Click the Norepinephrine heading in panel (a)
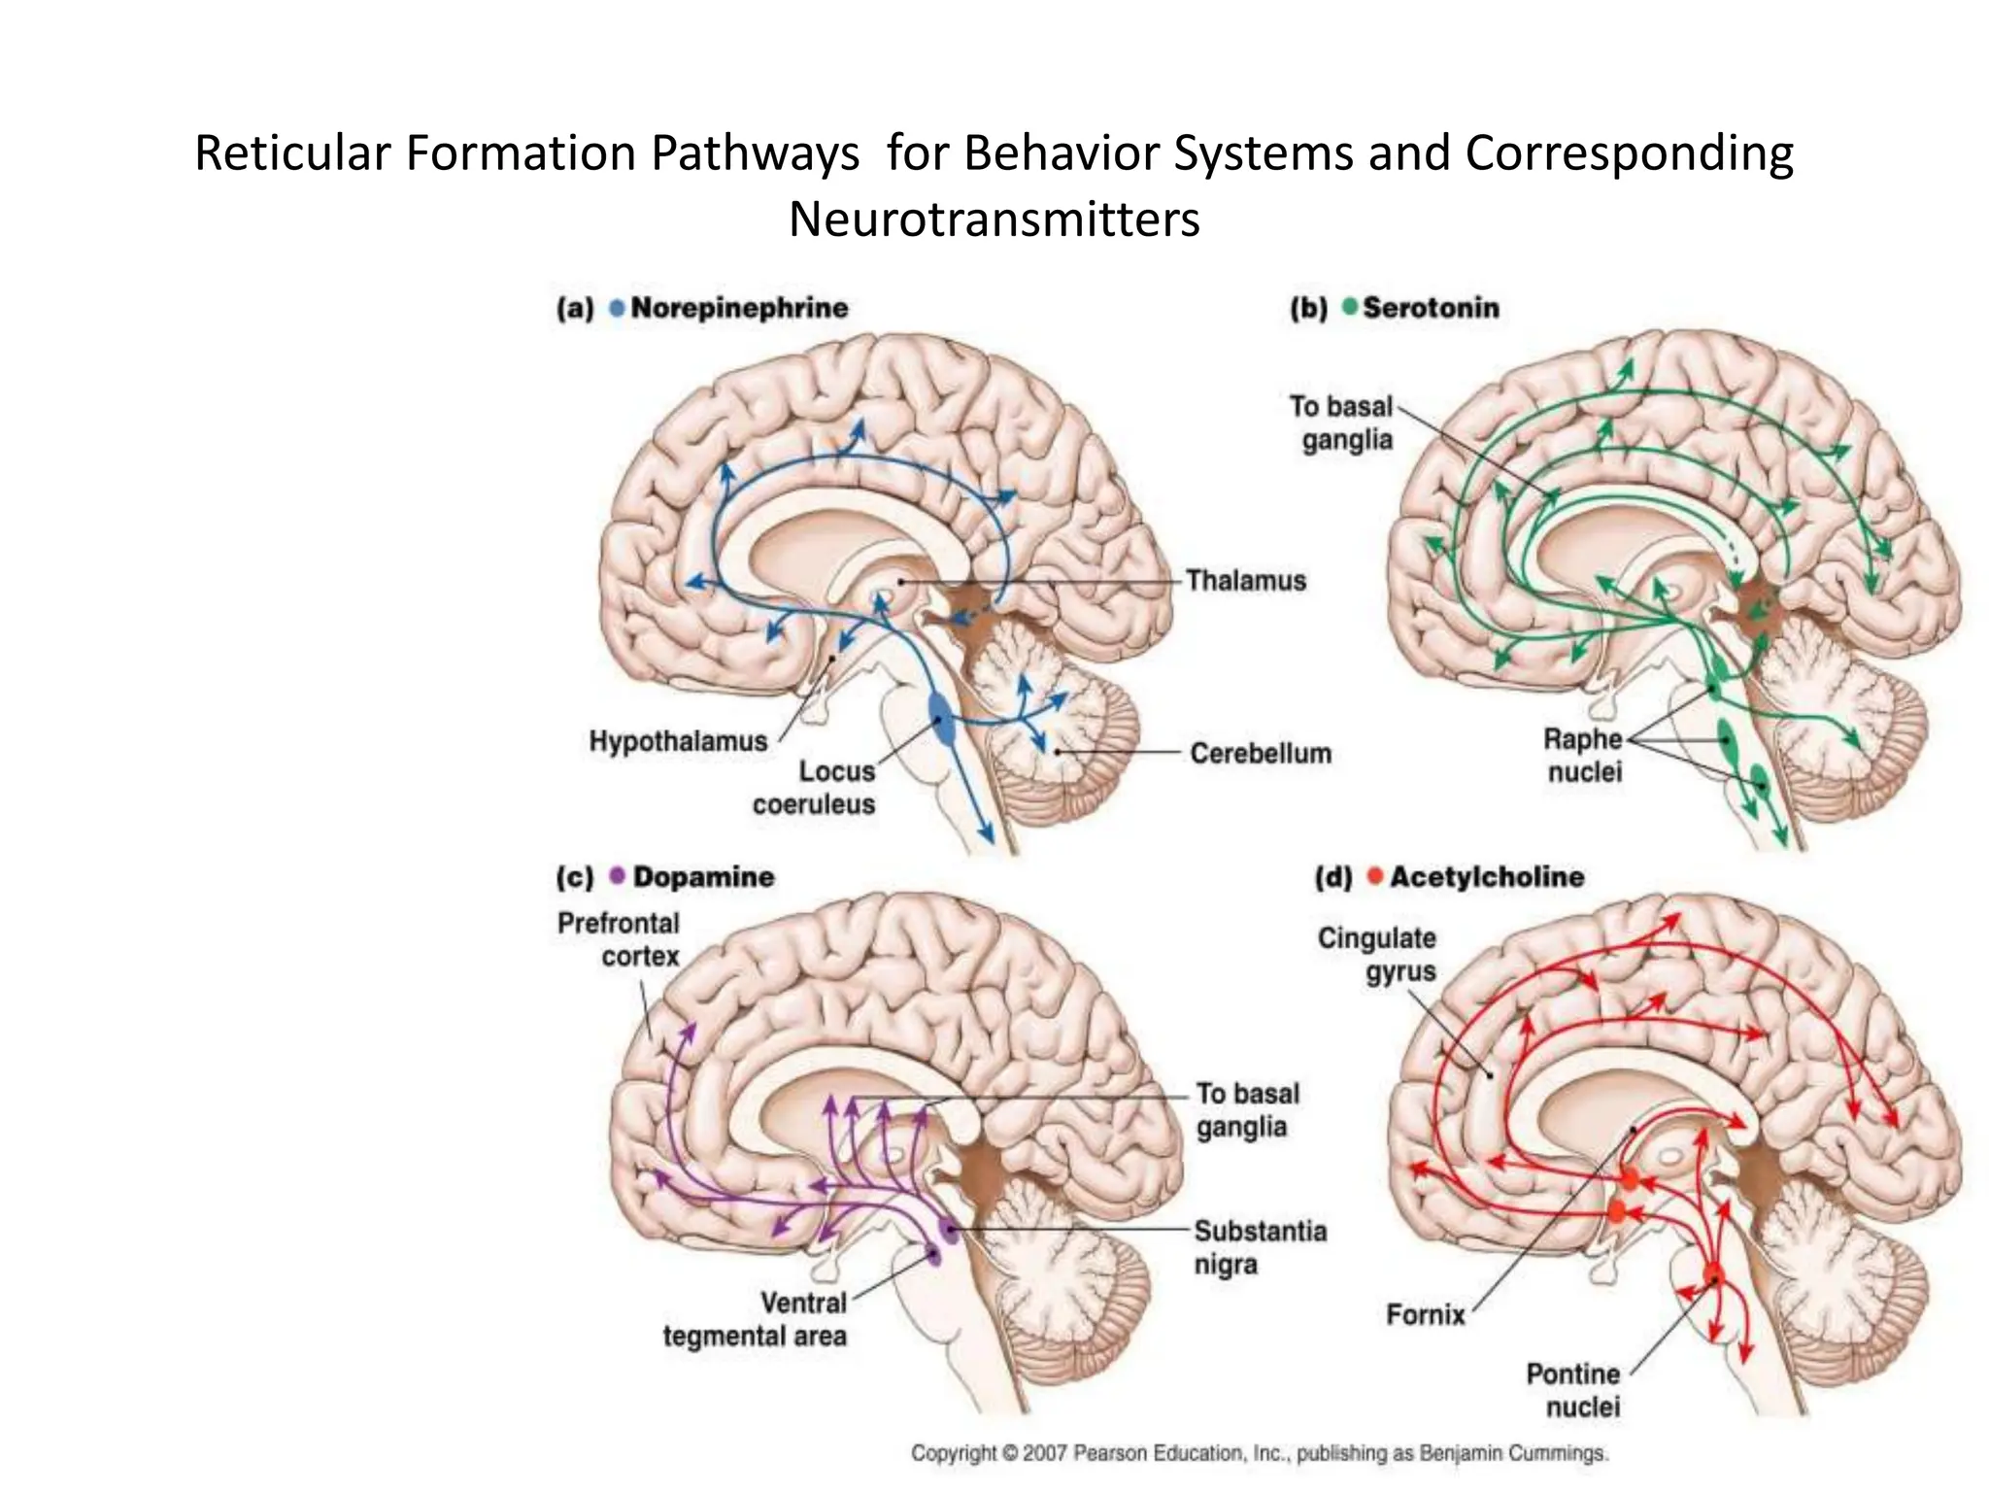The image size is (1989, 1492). (x=738, y=308)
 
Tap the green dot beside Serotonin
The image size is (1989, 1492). (x=1349, y=307)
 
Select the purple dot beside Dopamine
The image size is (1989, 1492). (x=617, y=875)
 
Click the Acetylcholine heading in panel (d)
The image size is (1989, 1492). (x=1486, y=876)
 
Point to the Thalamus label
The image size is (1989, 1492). (x=1245, y=581)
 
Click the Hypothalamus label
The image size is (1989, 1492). (x=678, y=741)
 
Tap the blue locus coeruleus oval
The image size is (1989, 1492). (x=940, y=720)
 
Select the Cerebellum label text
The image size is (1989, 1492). (x=1260, y=753)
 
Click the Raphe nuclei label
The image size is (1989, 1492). (x=1584, y=755)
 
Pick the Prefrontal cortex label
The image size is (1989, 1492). (x=619, y=939)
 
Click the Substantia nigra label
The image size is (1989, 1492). (x=1259, y=1247)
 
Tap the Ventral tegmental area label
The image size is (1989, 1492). (x=756, y=1319)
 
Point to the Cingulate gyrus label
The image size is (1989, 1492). (x=1376, y=954)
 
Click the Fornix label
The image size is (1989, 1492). (x=1425, y=1314)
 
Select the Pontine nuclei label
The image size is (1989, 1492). (x=1572, y=1390)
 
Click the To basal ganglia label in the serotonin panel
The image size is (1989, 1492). (x=1342, y=423)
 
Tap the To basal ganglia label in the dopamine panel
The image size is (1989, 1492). (x=1247, y=1109)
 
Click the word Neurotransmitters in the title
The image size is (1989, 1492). (x=994, y=220)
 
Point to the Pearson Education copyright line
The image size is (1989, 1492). (x=1259, y=1453)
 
